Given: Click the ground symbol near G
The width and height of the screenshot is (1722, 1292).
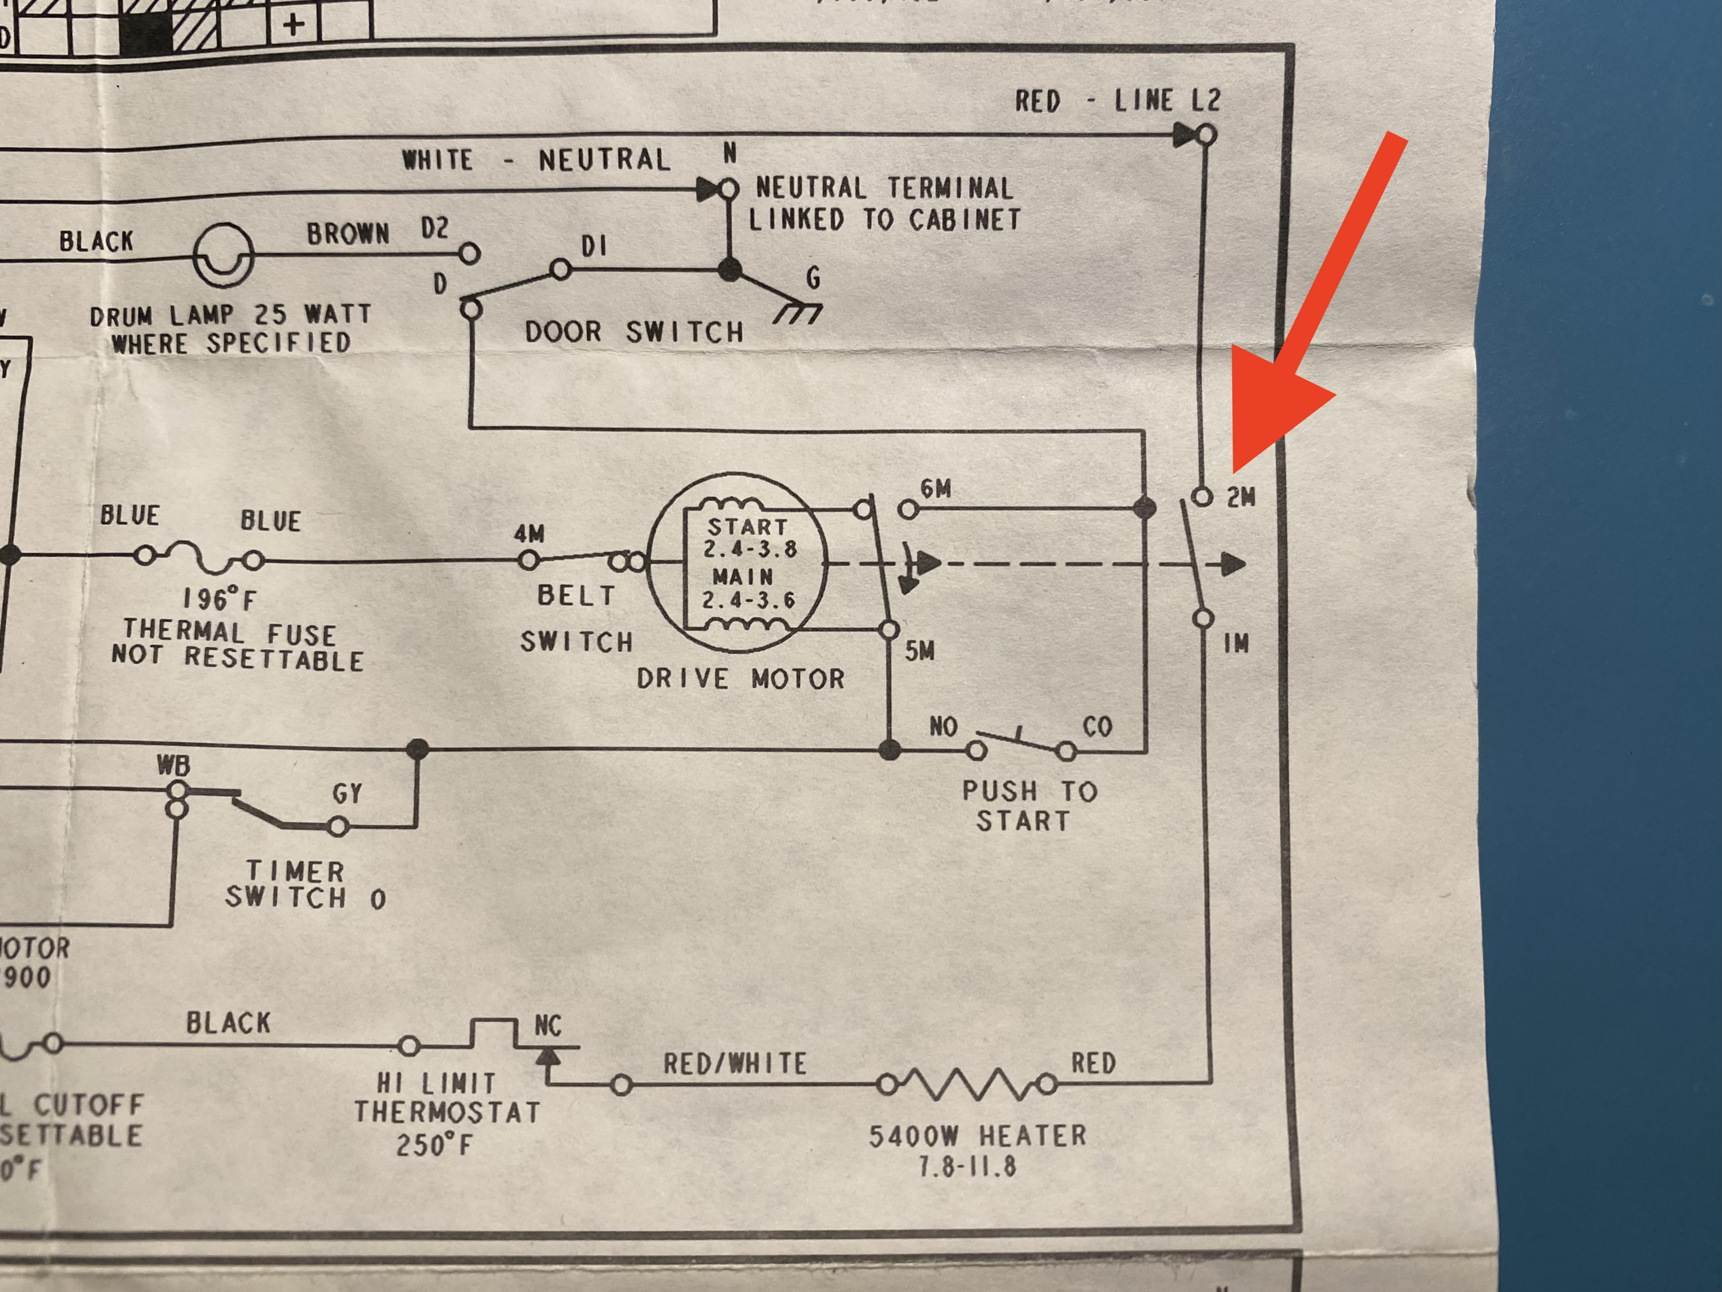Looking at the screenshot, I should coord(798,313).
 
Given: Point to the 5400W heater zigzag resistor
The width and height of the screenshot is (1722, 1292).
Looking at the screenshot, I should coord(967,1083).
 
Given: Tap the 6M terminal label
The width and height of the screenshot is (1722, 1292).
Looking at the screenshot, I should coord(936,489).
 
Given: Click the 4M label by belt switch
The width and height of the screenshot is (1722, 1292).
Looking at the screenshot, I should coord(529,534).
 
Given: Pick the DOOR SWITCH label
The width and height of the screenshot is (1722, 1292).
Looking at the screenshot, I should coord(634,333).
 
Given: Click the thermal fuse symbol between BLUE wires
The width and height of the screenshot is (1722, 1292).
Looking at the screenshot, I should coord(198,557).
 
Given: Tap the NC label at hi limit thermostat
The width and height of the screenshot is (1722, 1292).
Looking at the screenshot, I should coord(547,1026).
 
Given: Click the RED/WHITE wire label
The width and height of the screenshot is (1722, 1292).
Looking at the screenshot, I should coord(734,1064).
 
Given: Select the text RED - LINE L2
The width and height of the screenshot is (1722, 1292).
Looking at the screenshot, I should coord(1117,101).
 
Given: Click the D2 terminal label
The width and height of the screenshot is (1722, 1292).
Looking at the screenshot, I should coord(435,229).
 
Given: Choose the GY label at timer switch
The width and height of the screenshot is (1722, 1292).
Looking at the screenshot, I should coord(347,794).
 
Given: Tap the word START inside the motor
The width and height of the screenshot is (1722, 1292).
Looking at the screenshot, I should coord(747,527).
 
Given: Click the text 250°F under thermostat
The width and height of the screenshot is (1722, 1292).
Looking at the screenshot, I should coord(433,1145).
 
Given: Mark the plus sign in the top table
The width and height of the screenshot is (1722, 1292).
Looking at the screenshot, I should coord(294,25).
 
